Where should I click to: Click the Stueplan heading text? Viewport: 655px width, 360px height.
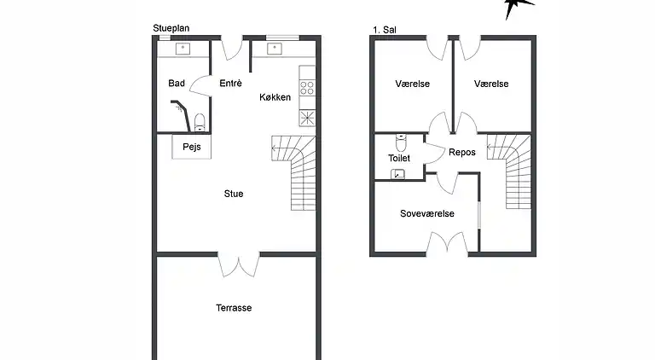coord(171,28)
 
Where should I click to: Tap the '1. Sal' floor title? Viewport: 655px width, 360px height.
coord(385,30)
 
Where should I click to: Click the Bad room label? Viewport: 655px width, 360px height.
coord(177,83)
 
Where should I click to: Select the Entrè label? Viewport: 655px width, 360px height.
coord(230,83)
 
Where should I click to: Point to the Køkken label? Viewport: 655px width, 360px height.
coord(275,97)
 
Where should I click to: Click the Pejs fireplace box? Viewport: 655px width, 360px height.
coord(192,147)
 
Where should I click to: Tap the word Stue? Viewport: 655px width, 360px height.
coord(234,194)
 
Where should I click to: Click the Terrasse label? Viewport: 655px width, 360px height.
coord(234,308)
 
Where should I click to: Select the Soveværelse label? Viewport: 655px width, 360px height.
coord(427,213)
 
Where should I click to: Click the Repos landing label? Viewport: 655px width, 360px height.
coord(462,152)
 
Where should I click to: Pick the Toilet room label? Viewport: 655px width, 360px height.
coord(399,158)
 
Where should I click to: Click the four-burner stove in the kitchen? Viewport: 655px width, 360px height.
coord(307,88)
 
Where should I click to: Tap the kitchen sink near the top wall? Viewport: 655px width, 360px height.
coord(275,49)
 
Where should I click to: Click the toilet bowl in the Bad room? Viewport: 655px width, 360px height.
coord(200,122)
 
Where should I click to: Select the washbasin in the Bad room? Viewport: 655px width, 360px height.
coord(183,49)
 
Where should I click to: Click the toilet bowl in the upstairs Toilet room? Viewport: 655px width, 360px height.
coord(401,142)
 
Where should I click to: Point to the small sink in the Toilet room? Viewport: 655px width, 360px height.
coord(397,174)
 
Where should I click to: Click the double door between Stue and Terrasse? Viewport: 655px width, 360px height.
coord(239,264)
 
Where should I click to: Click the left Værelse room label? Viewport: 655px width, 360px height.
coord(412,84)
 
